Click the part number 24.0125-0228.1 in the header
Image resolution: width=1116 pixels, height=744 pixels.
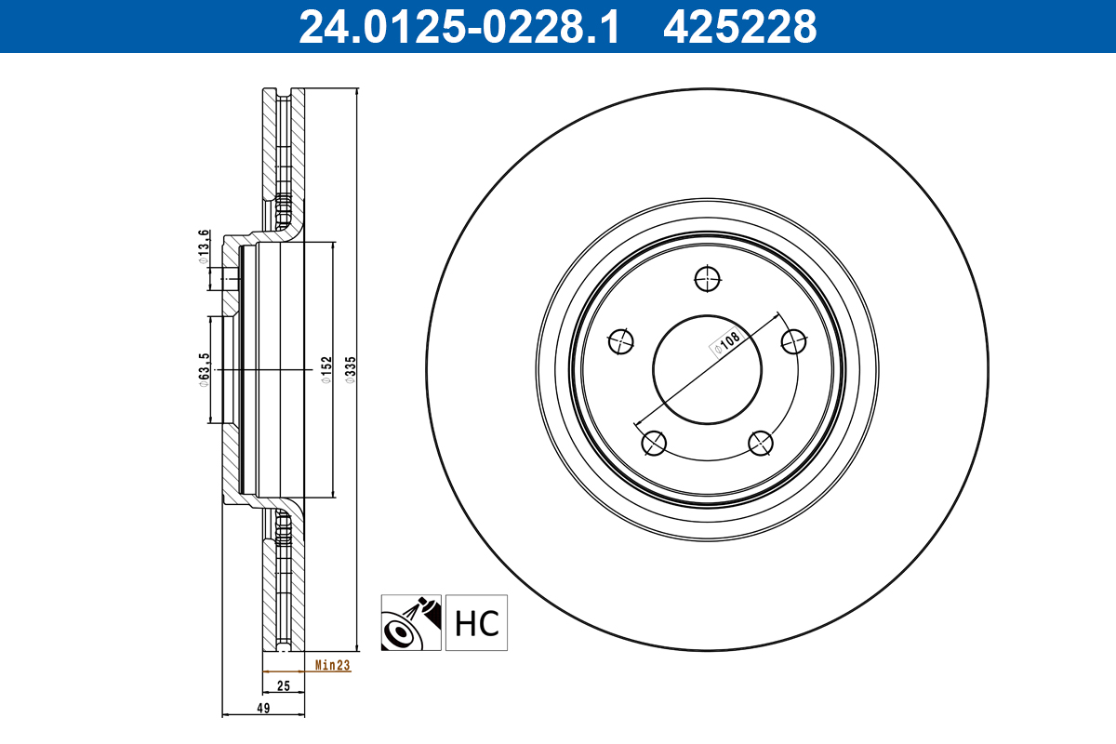tap(458, 27)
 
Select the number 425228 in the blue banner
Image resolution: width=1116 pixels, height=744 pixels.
tap(739, 27)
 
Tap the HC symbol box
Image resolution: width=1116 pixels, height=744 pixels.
tap(477, 622)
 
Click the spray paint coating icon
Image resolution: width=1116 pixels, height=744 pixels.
tap(411, 622)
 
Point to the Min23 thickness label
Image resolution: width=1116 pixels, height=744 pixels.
tap(332, 665)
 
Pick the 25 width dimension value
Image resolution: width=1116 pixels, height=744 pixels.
tap(284, 686)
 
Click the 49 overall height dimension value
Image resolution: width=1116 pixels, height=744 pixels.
tap(263, 709)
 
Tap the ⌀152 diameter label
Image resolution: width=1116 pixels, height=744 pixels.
tap(326, 370)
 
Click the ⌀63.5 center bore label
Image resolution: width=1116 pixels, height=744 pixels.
tap(204, 369)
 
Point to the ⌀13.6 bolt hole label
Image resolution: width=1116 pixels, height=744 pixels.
tap(203, 246)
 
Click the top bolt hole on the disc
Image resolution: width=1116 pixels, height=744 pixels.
tap(707, 277)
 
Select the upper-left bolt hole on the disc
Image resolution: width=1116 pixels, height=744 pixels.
tap(620, 341)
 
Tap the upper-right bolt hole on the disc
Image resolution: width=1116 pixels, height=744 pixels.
tap(793, 341)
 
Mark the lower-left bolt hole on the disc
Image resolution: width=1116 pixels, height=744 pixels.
tap(654, 444)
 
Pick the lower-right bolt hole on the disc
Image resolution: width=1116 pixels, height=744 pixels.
tap(761, 444)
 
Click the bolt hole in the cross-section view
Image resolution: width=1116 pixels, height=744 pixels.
tap(231, 279)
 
